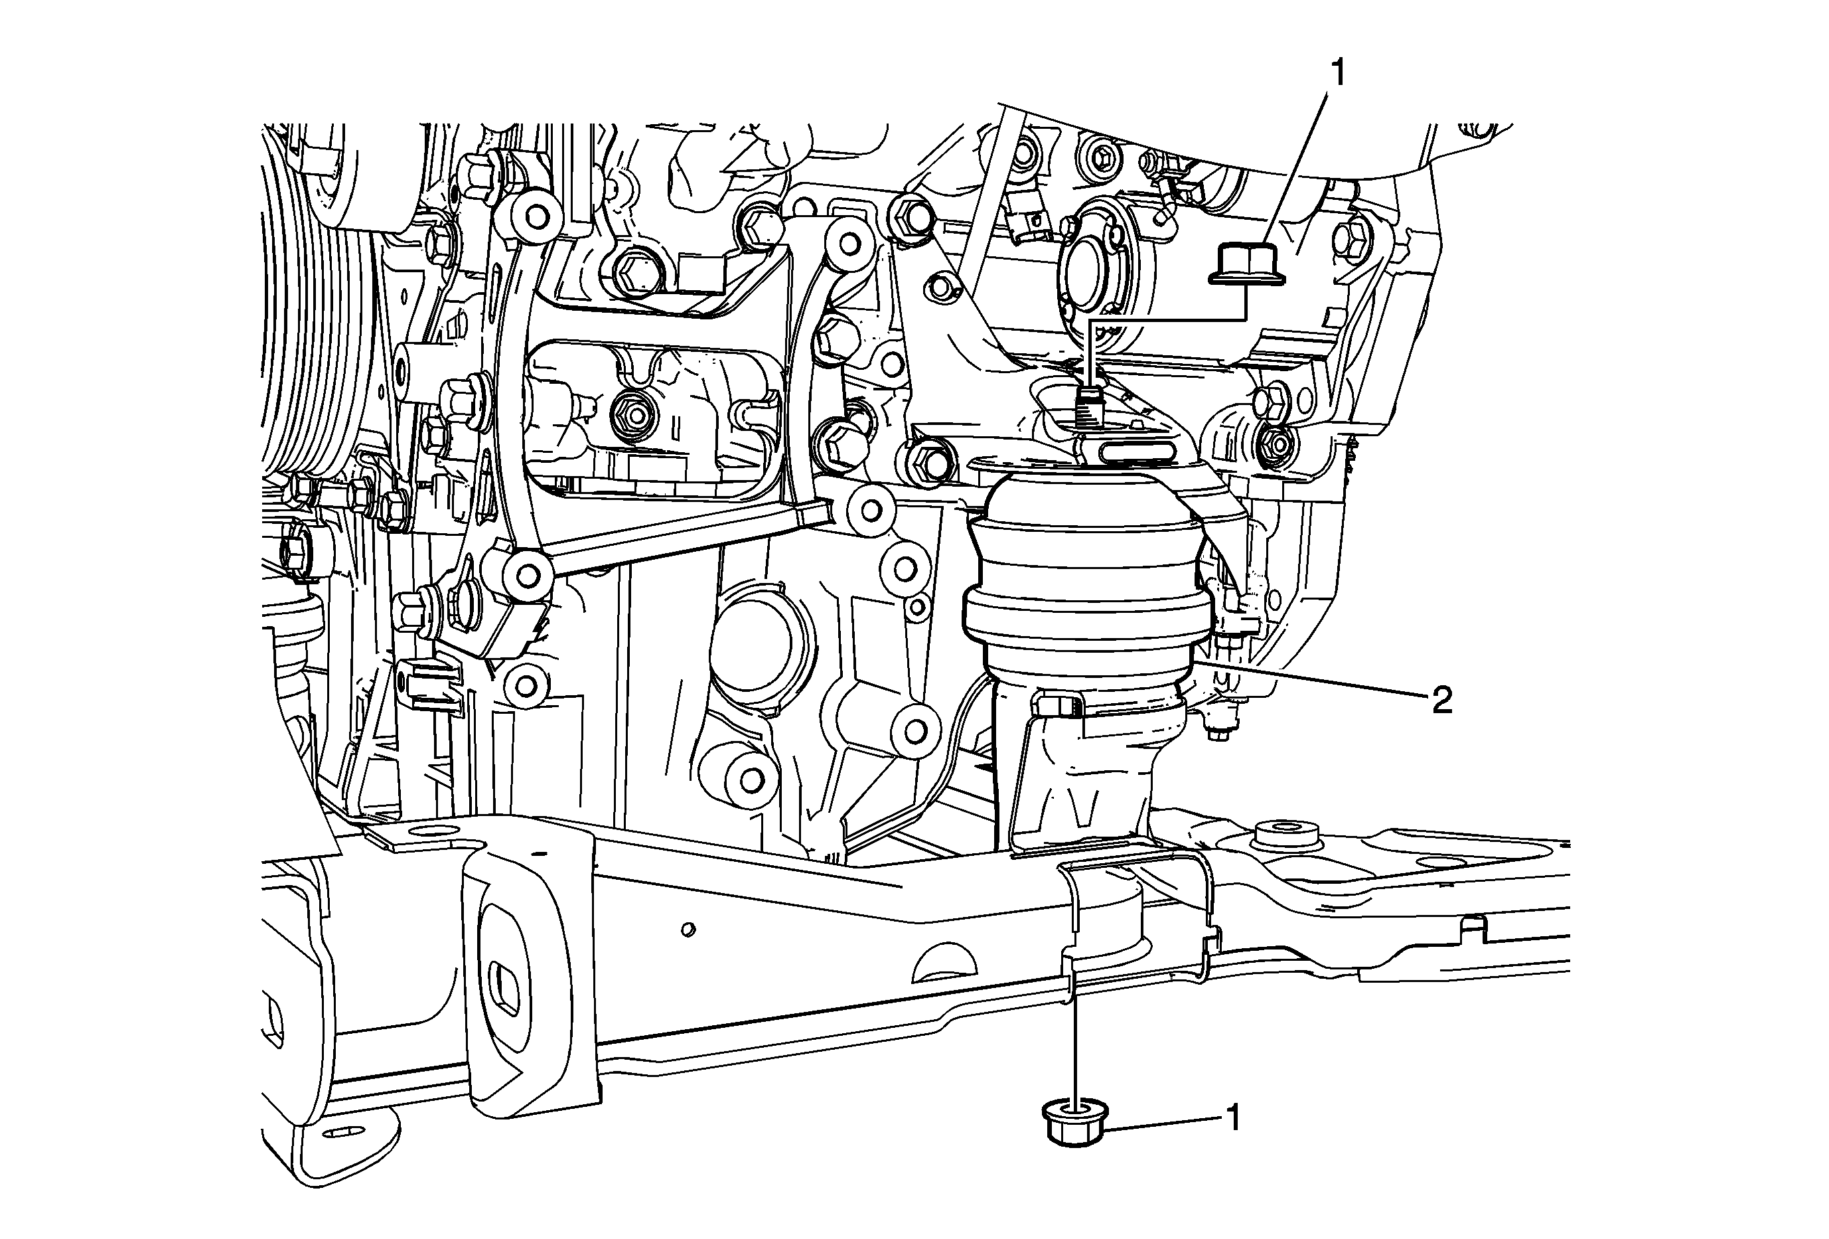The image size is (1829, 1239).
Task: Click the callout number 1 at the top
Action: pyautogui.click(x=1337, y=73)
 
